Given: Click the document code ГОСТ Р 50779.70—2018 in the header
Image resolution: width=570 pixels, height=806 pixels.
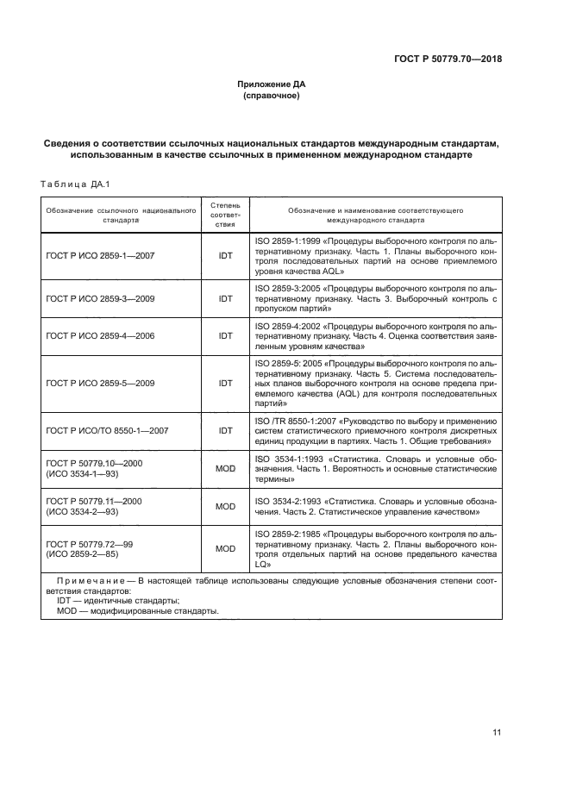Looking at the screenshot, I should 443,59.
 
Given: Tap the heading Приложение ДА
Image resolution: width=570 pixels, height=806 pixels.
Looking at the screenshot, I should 272,84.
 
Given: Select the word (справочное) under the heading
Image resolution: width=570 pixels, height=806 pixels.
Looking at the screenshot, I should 272,97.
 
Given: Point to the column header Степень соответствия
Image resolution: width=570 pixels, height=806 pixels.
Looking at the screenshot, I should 225,215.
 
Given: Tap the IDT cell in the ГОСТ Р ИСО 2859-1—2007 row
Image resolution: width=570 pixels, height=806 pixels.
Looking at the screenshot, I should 226,256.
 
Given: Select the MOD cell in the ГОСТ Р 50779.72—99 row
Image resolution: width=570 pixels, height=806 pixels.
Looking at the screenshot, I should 225,548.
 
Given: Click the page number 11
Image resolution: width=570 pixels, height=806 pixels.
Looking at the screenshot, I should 497,733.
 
